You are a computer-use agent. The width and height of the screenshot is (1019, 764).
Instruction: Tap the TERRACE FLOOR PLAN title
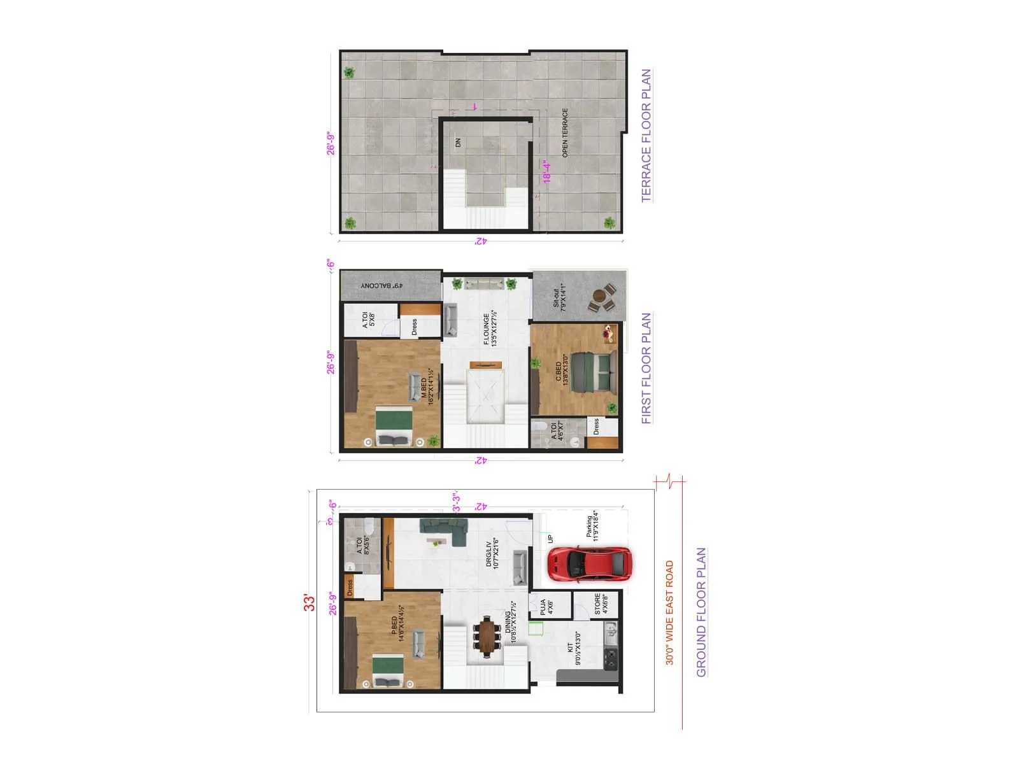click(646, 136)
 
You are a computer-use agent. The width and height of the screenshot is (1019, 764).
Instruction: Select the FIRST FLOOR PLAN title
click(646, 369)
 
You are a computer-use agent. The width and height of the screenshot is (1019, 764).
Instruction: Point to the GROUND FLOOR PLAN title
click(701, 612)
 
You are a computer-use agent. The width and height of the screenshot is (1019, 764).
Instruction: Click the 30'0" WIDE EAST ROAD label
click(669, 612)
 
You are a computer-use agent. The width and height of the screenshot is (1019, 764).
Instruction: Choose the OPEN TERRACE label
click(565, 133)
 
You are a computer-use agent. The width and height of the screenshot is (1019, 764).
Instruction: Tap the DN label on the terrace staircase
click(458, 143)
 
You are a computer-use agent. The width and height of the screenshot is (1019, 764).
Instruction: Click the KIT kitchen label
click(574, 648)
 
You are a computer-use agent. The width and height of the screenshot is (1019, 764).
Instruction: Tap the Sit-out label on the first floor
click(559, 297)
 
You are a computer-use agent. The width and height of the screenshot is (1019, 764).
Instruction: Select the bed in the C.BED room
click(594, 372)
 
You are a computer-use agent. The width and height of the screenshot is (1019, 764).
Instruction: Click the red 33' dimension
click(310, 602)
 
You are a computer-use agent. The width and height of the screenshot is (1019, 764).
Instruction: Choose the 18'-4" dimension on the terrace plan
click(546, 171)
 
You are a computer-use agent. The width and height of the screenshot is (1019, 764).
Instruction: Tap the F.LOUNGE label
click(490, 329)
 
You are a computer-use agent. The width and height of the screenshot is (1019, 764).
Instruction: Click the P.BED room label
click(397, 628)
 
